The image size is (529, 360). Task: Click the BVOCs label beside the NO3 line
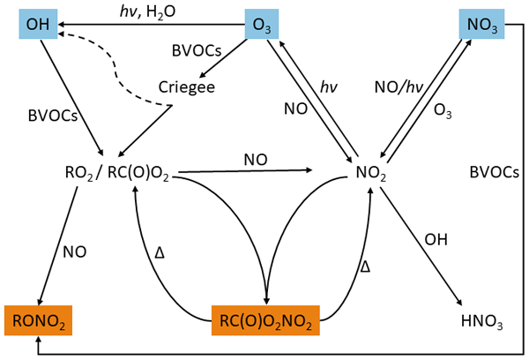[492, 173]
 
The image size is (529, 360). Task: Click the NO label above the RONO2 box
[74, 251]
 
